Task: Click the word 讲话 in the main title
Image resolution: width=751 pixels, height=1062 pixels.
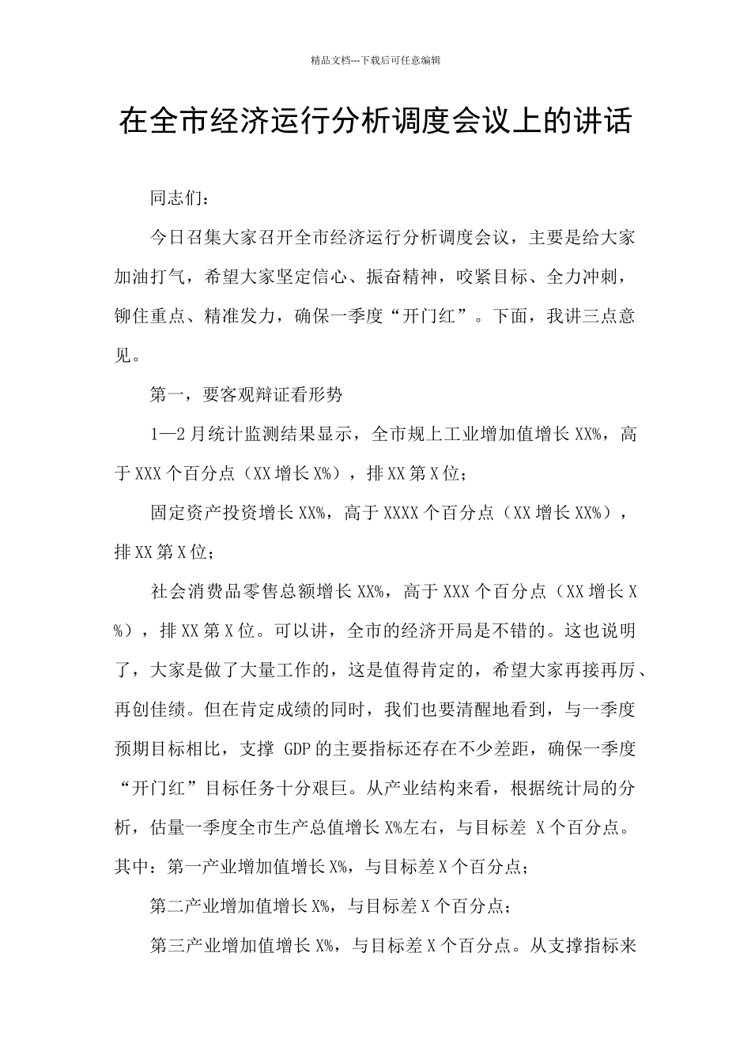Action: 604,122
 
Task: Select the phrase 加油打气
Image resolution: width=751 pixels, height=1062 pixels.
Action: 150,277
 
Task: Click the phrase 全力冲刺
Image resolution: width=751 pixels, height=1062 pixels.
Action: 583,277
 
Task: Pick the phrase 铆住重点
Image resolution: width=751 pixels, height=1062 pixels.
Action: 150,317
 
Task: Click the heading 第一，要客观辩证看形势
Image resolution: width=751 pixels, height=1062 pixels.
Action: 246,395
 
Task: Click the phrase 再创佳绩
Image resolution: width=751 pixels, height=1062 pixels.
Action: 150,709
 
